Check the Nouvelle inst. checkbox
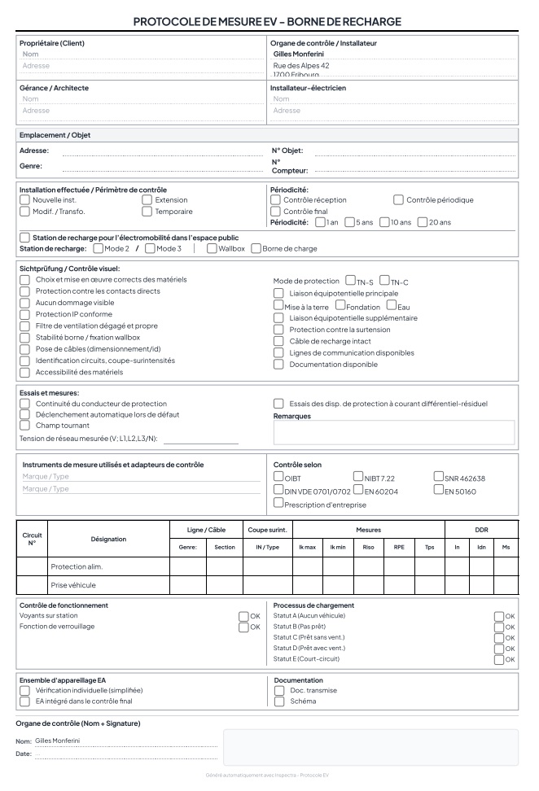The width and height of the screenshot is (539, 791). [x=24, y=199]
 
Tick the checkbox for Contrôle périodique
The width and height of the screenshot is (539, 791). [x=399, y=199]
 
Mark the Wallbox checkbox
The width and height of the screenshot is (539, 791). [x=212, y=248]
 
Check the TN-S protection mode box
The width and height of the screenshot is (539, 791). [x=350, y=281]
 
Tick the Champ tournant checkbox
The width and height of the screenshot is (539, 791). [x=24, y=426]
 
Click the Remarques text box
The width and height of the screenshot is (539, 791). [x=393, y=432]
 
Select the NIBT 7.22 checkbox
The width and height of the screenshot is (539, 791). [x=358, y=476]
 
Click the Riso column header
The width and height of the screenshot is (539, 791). [x=368, y=547]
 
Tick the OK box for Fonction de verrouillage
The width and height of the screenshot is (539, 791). [x=243, y=627]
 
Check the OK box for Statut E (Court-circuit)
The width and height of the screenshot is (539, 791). [x=499, y=659]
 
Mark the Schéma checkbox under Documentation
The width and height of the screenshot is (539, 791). [x=278, y=701]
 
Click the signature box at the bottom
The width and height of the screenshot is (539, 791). [x=370, y=747]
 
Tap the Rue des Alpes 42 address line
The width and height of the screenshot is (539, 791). [x=301, y=66]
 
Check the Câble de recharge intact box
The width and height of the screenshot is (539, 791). [x=278, y=341]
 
